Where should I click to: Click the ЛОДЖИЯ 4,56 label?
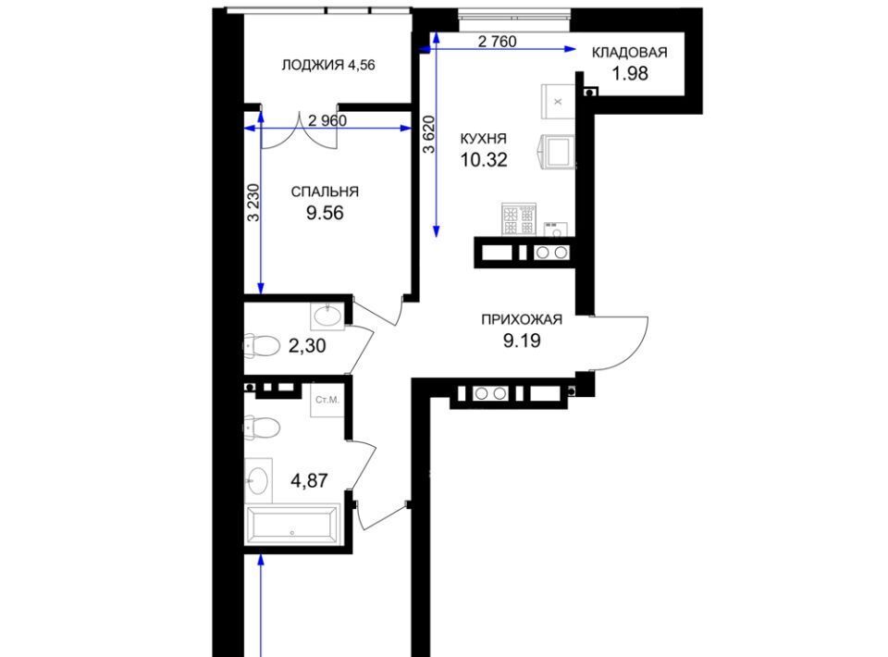point(328,65)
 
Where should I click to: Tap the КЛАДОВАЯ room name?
point(629,53)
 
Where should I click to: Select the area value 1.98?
point(630,74)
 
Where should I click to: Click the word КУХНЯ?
point(483,139)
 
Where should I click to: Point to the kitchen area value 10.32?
point(484,160)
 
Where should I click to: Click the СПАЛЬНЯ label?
point(325,192)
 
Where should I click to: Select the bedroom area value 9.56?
point(325,213)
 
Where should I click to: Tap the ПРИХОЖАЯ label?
point(522,319)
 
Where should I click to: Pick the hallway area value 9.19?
point(522,341)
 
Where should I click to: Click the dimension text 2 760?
point(498,42)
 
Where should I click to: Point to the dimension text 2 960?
point(327,120)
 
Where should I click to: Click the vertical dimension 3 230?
point(253,203)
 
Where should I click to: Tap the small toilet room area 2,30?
point(307,345)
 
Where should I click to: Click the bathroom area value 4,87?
point(309,481)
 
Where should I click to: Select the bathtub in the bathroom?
point(292,524)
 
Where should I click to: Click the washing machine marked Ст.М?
point(327,401)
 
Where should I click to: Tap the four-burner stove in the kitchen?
point(518,219)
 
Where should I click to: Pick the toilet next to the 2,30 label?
point(262,345)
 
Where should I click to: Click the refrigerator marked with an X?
point(558,102)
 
